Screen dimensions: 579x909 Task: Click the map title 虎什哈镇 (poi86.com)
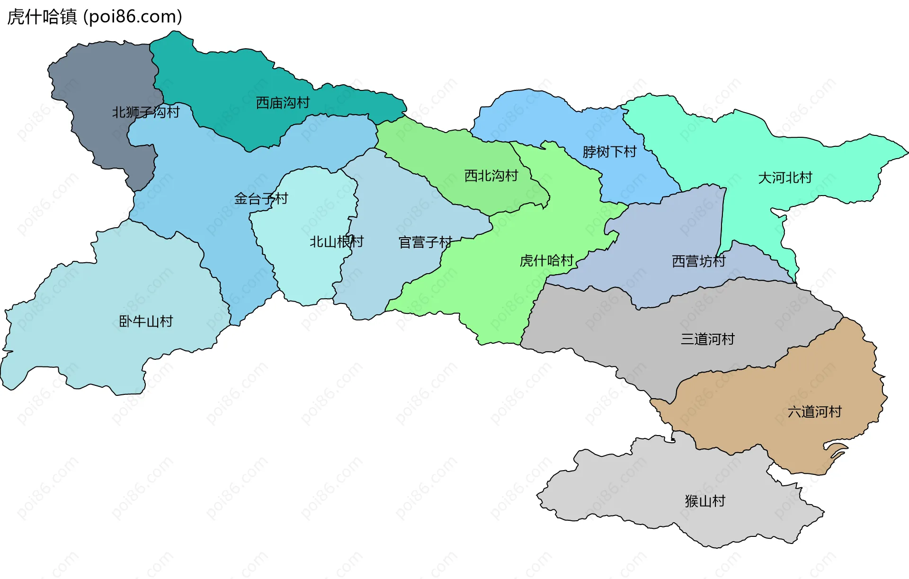[95, 17]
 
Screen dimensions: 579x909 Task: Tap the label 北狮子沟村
[146, 112]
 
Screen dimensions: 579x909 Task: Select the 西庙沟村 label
[283, 103]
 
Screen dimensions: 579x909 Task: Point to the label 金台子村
[261, 199]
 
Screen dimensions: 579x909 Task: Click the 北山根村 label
[337, 242]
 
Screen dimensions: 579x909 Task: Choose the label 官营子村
[425, 242]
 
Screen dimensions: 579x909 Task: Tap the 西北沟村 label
[491, 176]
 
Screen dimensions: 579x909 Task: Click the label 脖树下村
[609, 152]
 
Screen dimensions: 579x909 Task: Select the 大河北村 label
[785, 178]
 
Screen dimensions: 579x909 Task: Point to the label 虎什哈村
[546, 260]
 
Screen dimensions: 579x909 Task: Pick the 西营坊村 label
[699, 261]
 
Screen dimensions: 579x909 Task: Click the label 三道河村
[707, 339]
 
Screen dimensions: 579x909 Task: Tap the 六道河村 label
[814, 411]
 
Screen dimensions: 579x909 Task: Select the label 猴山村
[705, 501]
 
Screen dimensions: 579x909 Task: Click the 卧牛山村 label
[146, 321]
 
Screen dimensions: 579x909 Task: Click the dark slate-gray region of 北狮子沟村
[104, 76]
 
